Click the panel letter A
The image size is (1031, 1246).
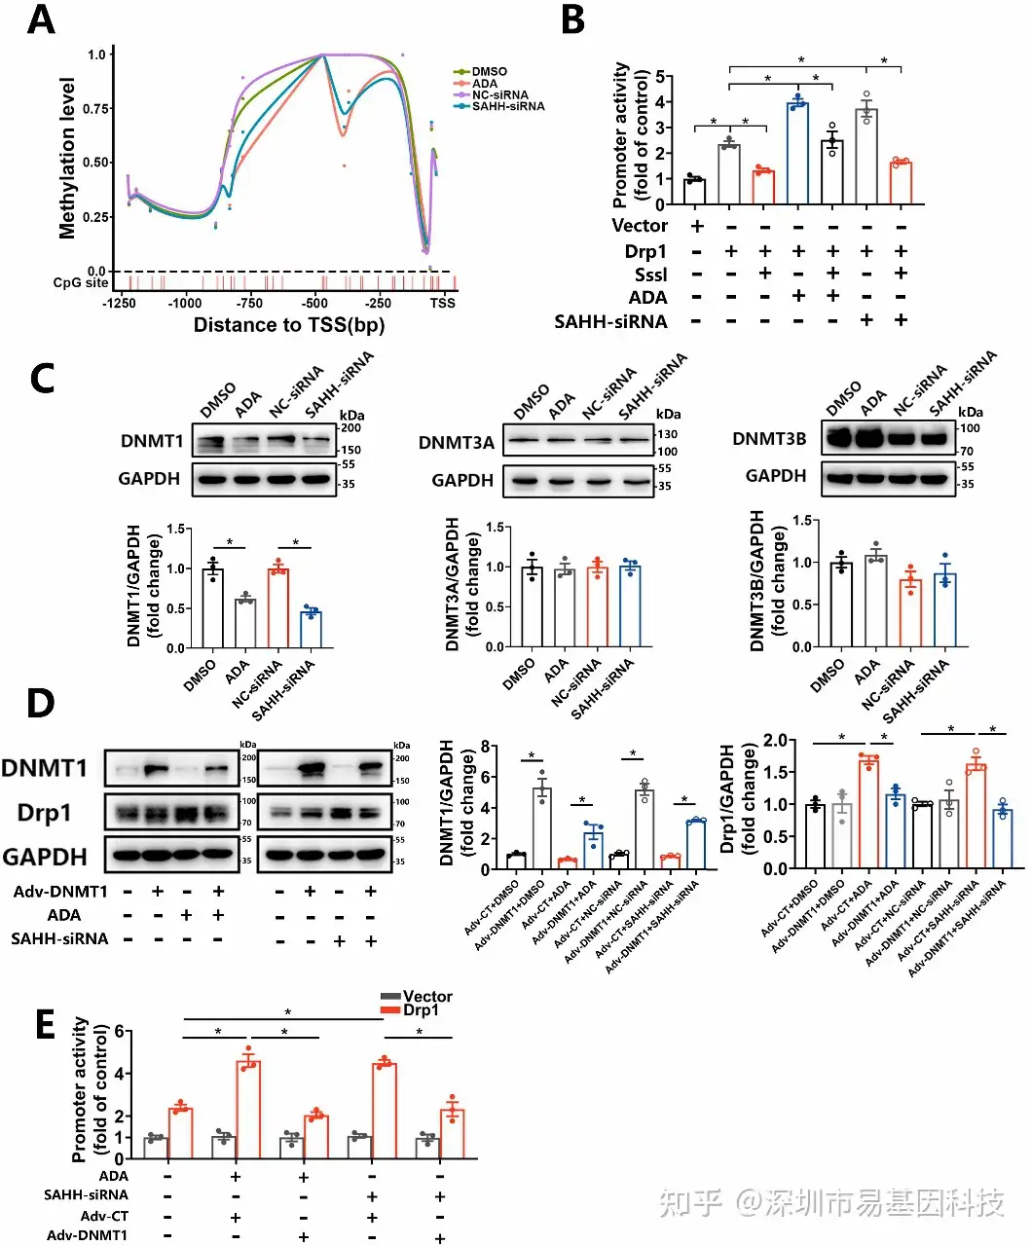click(40, 18)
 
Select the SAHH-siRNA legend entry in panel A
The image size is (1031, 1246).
click(507, 106)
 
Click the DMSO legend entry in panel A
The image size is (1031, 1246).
click(489, 71)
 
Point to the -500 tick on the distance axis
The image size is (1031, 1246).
click(313, 303)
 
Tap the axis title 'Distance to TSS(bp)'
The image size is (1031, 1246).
click(289, 325)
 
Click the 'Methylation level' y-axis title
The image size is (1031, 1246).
click(67, 158)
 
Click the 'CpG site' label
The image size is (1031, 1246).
click(81, 282)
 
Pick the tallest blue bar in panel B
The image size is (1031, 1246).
click(798, 153)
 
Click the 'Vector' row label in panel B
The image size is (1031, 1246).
click(640, 226)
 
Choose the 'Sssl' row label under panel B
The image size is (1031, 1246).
click(650, 275)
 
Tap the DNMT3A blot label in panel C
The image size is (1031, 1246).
click(456, 443)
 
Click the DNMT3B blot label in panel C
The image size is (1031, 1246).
click(769, 439)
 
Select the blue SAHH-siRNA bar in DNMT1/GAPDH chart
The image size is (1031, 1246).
click(311, 629)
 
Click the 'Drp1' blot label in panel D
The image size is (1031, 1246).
click(44, 813)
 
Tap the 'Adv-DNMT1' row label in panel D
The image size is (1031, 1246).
click(60, 891)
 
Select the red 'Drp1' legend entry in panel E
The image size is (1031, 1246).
click(421, 1010)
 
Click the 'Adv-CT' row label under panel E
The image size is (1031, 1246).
click(104, 1216)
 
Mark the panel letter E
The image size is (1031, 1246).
click(45, 1025)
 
